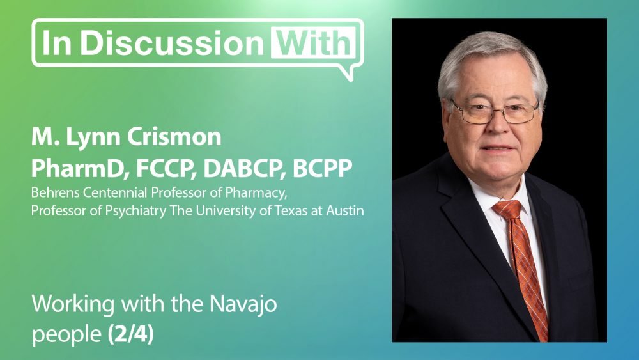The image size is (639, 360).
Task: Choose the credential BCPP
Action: [322, 168]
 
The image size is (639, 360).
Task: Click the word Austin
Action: [345, 211]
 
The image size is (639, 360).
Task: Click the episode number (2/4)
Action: [131, 334]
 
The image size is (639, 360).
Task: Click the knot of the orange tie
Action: [508, 208]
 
